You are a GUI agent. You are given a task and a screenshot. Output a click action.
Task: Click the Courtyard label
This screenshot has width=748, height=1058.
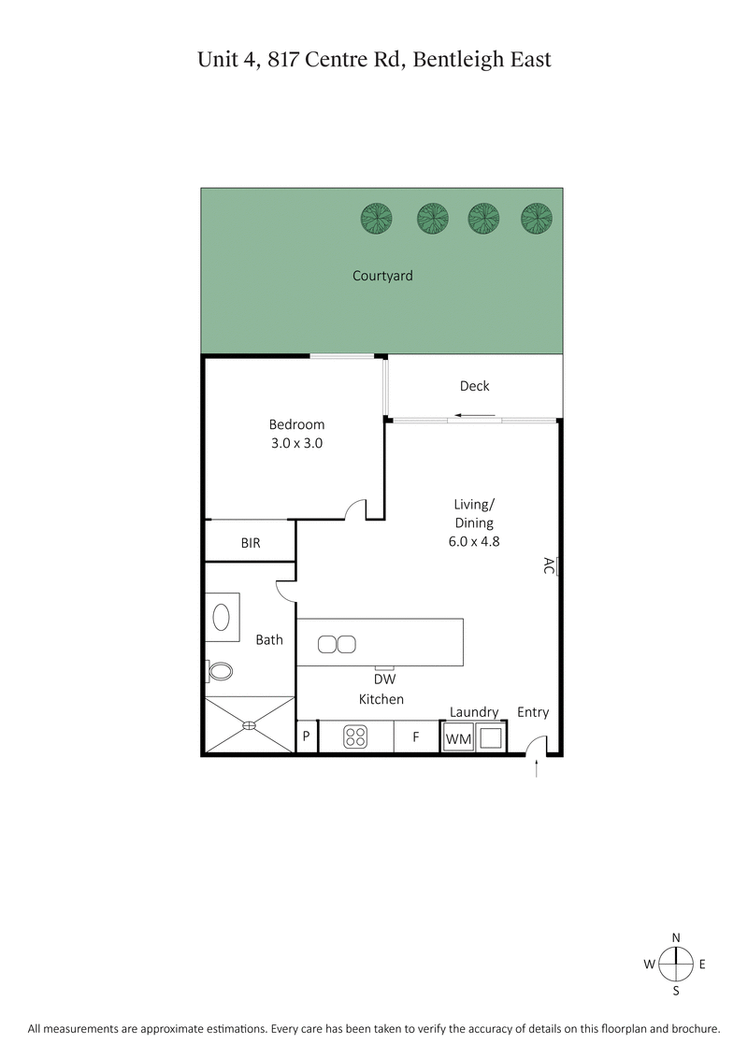tap(382, 276)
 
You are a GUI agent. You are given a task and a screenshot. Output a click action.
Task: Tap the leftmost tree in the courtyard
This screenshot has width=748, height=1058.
tap(377, 219)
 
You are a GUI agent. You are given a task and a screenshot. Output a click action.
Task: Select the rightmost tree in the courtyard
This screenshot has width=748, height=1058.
tap(537, 219)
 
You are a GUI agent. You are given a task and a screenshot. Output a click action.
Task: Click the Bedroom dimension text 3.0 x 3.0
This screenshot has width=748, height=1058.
tap(296, 444)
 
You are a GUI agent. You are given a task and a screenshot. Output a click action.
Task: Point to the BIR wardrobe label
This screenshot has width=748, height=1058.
tap(251, 542)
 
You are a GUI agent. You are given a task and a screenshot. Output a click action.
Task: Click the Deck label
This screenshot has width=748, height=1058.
tap(474, 386)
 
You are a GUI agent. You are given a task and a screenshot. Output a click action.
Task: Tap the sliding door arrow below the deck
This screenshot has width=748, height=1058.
tap(476, 416)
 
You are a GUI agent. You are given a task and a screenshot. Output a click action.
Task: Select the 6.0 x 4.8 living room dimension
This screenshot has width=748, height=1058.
tap(474, 540)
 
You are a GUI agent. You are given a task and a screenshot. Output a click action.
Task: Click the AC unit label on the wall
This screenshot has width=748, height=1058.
tap(549, 565)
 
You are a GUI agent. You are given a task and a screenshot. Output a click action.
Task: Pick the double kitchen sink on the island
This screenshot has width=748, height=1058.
tap(337, 643)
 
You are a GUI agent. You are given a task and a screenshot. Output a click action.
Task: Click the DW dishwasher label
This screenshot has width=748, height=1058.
tap(382, 680)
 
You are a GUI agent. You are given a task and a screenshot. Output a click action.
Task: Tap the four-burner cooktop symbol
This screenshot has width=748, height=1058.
tap(355, 737)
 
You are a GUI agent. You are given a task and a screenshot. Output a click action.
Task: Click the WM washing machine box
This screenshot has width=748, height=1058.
tap(458, 739)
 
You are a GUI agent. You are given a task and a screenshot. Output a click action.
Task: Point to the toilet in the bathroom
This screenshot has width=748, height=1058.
tap(220, 671)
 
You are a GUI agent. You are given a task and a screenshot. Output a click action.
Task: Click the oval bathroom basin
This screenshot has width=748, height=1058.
tap(223, 617)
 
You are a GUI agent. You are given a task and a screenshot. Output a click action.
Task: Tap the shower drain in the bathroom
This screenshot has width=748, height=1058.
tap(250, 724)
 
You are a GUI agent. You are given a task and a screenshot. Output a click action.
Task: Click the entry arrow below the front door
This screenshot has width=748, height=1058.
tap(537, 768)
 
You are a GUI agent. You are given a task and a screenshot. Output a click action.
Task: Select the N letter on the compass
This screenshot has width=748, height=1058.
tap(675, 937)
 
